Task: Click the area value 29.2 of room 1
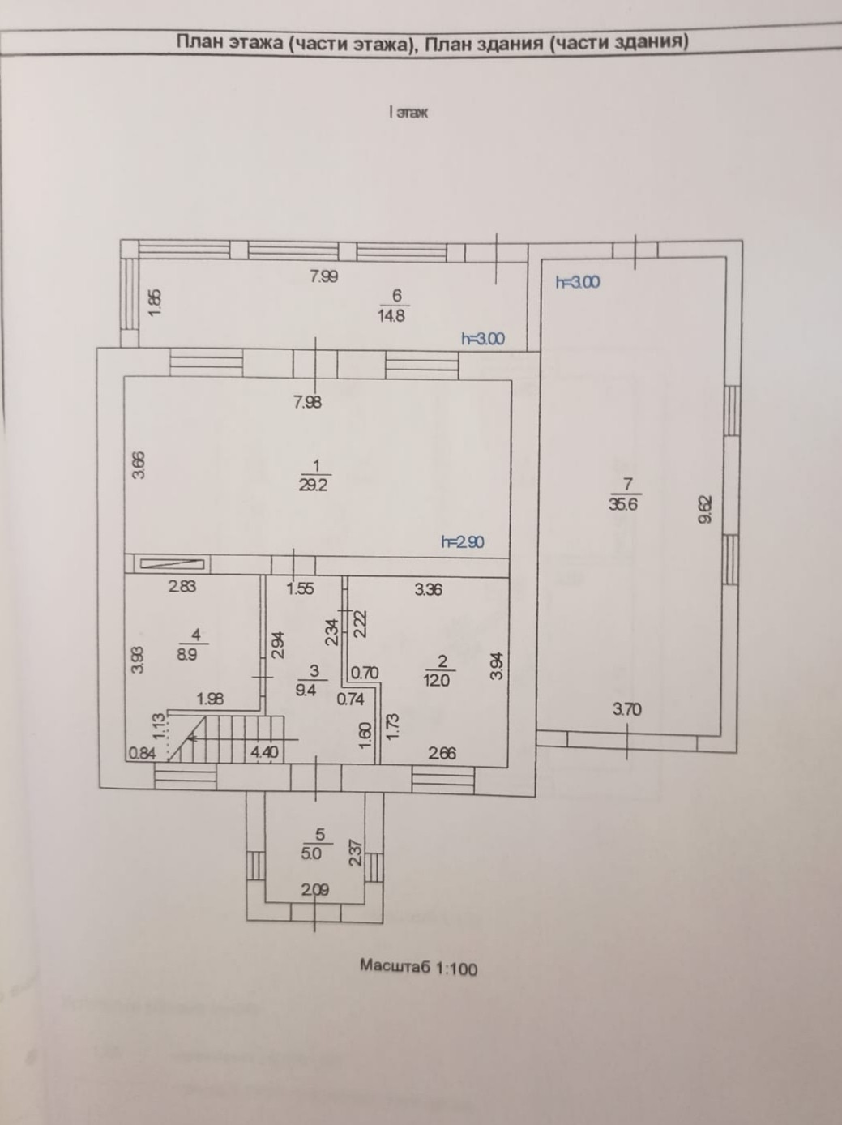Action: tap(314, 486)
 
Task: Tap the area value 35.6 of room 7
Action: tap(625, 503)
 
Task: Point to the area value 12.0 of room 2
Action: tap(436, 681)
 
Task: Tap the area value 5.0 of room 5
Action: tap(311, 853)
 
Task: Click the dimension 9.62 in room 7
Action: tap(704, 511)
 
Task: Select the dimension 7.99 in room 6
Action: tap(323, 276)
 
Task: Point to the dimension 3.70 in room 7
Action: tap(627, 709)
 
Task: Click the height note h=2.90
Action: tap(463, 541)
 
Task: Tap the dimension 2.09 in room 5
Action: tap(315, 890)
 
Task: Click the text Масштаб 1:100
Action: tap(418, 967)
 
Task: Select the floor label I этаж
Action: tap(408, 113)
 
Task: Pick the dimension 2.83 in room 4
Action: tap(182, 588)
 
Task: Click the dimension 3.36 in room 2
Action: tap(428, 589)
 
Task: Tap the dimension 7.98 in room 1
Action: tap(307, 401)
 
